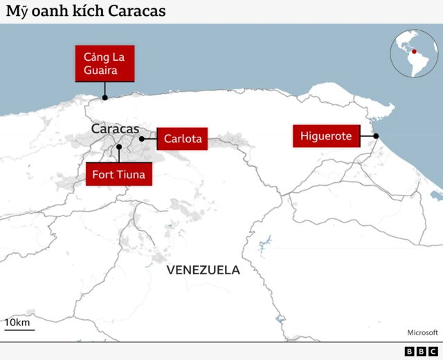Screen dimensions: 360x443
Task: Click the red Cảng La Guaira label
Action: (x=105, y=63)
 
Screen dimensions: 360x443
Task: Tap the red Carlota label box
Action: (x=183, y=139)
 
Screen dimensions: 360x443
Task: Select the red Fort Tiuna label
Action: (x=118, y=174)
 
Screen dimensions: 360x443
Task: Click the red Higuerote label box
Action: (x=326, y=136)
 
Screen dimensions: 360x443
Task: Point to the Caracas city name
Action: (x=115, y=129)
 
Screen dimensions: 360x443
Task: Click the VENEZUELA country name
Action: (x=204, y=270)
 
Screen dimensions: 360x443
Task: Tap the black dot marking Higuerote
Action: (x=376, y=136)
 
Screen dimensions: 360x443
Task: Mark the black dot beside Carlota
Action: (x=142, y=139)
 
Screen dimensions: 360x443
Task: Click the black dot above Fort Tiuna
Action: (x=119, y=147)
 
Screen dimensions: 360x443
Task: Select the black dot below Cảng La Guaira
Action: (x=105, y=97)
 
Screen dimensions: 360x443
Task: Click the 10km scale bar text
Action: (x=17, y=323)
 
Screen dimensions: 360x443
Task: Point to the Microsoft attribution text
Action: (x=422, y=332)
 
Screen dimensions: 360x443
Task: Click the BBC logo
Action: (x=421, y=352)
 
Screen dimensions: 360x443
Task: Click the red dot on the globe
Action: (x=414, y=51)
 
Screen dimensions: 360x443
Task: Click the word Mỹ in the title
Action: (x=17, y=12)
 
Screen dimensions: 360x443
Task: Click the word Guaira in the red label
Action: (x=105, y=70)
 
